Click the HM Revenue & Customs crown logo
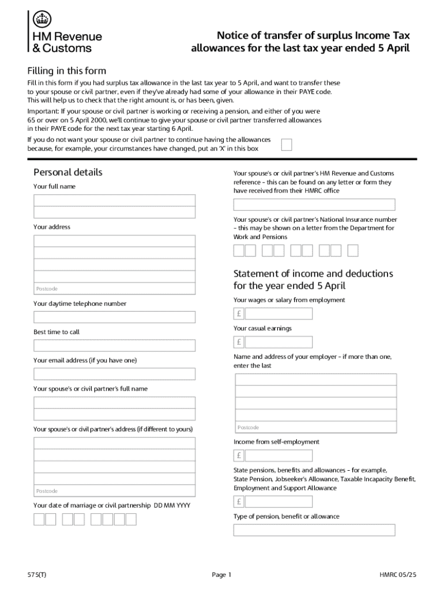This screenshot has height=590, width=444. (x=41, y=19)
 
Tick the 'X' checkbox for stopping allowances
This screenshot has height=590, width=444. (x=286, y=144)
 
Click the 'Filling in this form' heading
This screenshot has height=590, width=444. (x=67, y=71)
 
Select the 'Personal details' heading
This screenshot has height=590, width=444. (x=68, y=172)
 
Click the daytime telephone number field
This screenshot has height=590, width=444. (x=114, y=317)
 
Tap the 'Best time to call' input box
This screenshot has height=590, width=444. (x=114, y=346)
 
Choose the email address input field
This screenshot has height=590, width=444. (x=114, y=374)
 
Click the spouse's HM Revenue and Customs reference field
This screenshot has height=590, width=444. (x=314, y=205)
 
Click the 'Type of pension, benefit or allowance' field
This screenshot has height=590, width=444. (x=314, y=530)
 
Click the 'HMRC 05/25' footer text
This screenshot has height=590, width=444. (x=398, y=574)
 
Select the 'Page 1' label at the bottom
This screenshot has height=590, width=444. (x=221, y=574)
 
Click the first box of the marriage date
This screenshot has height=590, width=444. (x=39, y=519)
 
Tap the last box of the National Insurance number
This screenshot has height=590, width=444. (x=353, y=250)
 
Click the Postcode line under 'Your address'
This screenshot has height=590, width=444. (x=114, y=288)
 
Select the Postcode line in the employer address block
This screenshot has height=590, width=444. (x=316, y=427)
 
